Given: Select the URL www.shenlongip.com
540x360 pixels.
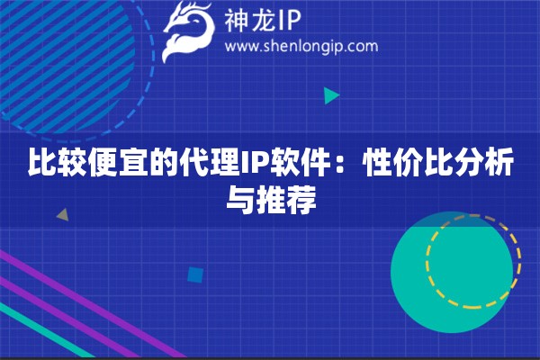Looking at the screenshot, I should click(301, 47).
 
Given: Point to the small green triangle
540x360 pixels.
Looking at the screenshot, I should click(331, 95).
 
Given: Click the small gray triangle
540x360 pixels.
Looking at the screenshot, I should click(62, 215).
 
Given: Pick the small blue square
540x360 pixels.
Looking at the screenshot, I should click(193, 274).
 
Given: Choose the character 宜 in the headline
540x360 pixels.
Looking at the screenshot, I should click(135, 166).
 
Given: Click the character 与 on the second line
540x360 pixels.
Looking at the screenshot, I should click(238, 200).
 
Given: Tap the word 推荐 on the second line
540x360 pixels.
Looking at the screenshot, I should click(285, 200).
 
